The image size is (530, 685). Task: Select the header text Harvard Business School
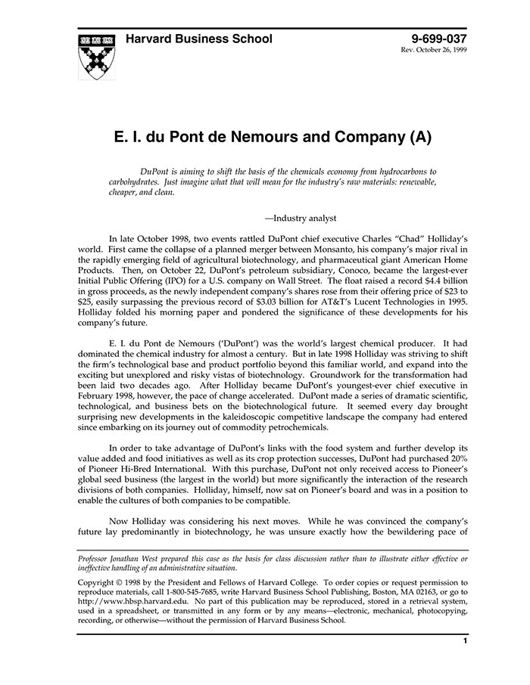click(x=199, y=39)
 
